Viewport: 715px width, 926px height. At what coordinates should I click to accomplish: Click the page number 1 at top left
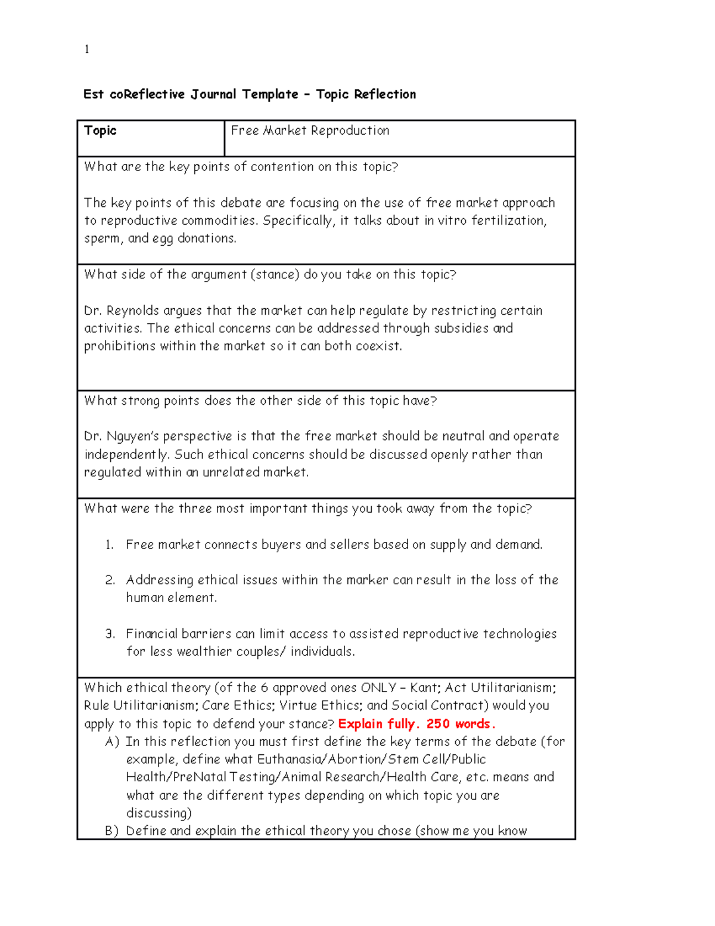coord(87,49)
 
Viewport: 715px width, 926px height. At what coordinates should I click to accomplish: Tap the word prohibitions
coord(120,346)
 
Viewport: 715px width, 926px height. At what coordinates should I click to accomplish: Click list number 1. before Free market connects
coord(110,545)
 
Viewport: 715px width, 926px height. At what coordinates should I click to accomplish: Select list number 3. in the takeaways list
coord(110,634)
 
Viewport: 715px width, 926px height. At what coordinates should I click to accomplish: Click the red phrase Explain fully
coord(378,724)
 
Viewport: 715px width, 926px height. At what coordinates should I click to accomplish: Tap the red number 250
coord(438,724)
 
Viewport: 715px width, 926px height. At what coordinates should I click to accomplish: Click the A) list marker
coord(112,742)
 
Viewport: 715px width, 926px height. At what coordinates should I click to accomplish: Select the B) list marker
coord(112,831)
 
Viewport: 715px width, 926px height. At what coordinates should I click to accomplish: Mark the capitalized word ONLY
coord(378,688)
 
